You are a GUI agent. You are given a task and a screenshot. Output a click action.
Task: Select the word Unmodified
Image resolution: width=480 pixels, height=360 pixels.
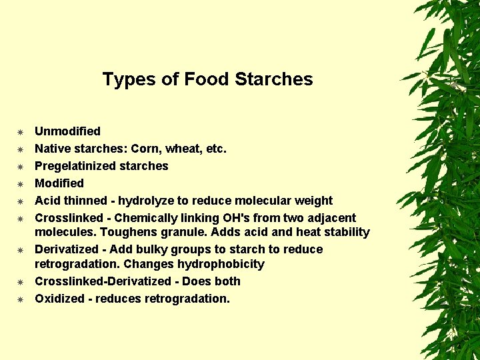pyautogui.click(x=67, y=131)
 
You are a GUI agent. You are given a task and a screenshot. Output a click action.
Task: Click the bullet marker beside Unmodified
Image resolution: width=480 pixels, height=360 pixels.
pyautogui.click(x=21, y=132)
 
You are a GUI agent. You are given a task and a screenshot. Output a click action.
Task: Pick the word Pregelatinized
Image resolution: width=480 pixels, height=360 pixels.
pyautogui.click(x=77, y=166)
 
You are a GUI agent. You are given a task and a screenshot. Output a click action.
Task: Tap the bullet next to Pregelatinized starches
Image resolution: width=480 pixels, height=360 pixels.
pyautogui.click(x=21, y=167)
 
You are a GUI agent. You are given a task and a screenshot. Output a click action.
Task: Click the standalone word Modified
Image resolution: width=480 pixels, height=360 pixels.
pyautogui.click(x=59, y=183)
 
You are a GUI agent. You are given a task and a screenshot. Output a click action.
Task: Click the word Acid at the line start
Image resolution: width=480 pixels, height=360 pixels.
pyautogui.click(x=48, y=201)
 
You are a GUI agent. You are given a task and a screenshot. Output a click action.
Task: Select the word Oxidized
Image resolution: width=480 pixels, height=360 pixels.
pyautogui.click(x=59, y=299)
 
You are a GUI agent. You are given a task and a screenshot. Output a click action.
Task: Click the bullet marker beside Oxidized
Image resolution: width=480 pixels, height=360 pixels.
pyautogui.click(x=21, y=299)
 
